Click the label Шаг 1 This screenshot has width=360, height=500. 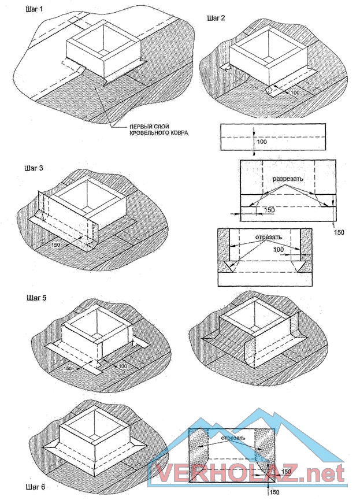(x=34, y=9)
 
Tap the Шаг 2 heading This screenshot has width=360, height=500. (x=216, y=18)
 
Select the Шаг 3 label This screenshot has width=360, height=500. (x=34, y=168)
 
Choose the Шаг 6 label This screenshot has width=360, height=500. (x=35, y=487)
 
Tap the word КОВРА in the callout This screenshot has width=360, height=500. (x=179, y=132)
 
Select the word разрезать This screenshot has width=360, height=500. (x=288, y=179)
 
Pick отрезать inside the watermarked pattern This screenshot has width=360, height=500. (x=232, y=438)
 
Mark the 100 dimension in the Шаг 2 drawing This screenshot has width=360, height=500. (x=296, y=92)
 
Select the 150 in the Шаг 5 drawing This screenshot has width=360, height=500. (x=68, y=368)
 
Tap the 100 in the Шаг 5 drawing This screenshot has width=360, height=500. (x=123, y=366)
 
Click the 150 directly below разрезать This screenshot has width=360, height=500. (x=269, y=210)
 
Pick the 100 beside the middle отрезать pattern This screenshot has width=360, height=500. (x=279, y=249)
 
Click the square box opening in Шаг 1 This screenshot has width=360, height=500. (x=103, y=38)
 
